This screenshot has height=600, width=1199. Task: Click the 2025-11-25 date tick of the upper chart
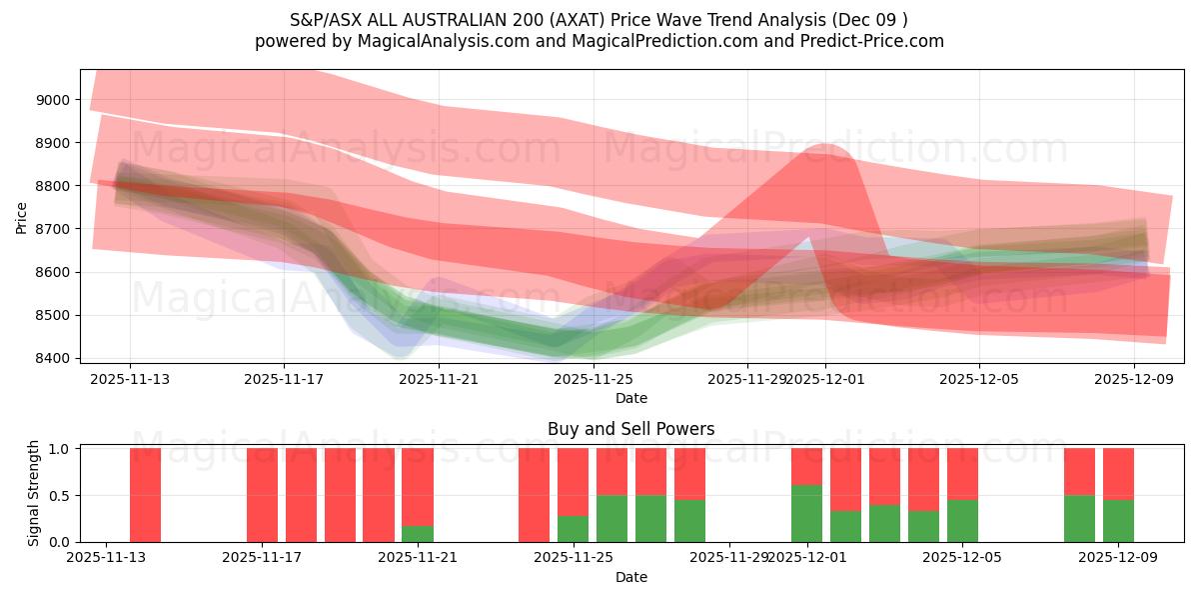tap(594, 379)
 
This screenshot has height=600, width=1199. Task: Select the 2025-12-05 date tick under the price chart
tap(979, 379)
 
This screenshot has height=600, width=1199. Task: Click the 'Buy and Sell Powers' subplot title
tap(630, 429)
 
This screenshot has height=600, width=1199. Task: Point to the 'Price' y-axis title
tap(22, 217)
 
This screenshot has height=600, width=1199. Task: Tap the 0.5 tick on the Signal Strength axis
tap(61, 495)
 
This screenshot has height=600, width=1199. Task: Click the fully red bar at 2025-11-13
tap(145, 495)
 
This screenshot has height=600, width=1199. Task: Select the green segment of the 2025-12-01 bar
tap(806, 514)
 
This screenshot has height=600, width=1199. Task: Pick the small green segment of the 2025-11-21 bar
tap(418, 534)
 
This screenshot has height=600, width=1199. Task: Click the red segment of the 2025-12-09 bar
tap(1118, 473)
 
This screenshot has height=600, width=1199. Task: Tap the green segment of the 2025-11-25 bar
tap(573, 529)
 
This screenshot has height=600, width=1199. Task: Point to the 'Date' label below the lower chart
tap(630, 577)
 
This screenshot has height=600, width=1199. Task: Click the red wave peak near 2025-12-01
tap(825, 150)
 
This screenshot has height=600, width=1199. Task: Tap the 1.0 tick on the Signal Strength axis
tap(61, 448)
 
